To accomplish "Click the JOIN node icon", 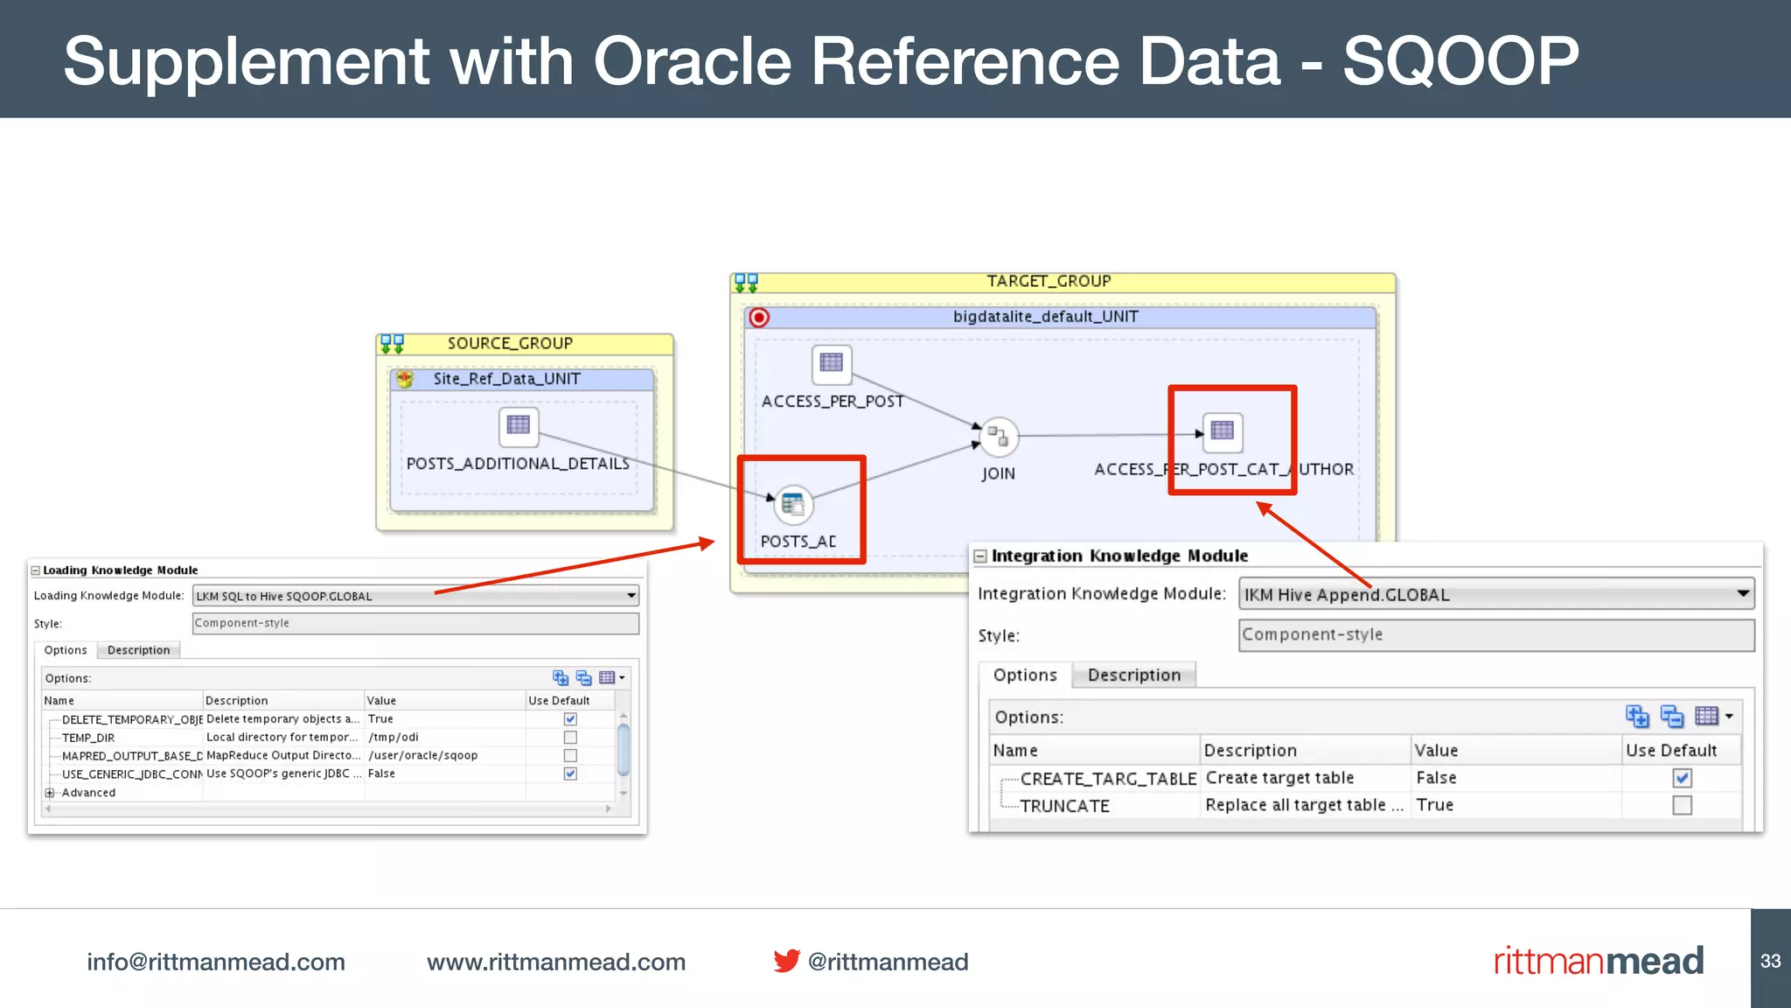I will pos(998,436).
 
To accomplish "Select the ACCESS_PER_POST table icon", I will pos(831,363).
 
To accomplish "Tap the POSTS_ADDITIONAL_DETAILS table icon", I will pos(519,425).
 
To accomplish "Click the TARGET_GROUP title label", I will pos(1049,281).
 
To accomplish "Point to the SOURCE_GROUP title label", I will pos(510,343).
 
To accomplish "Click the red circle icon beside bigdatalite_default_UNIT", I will pos(759,318).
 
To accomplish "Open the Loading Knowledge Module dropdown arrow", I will pos(631,596).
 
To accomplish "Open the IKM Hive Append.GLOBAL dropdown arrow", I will pos(1743,593).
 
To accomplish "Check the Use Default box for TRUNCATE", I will pos(1682,805).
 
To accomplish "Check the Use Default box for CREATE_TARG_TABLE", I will pos(1682,778).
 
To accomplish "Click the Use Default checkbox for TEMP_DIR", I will pos(570,738).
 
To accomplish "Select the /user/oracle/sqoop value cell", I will pos(423,755).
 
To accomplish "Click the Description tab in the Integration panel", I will pos(1133,675).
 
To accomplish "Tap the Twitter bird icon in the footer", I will pos(786,961).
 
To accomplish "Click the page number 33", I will pos(1770,961).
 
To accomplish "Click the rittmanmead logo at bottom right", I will pos(1598,961).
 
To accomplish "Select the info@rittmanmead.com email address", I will pos(216,962).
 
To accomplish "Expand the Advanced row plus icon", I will pos(50,793).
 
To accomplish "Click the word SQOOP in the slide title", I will pos(1460,61).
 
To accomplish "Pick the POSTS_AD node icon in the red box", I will pos(793,504).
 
